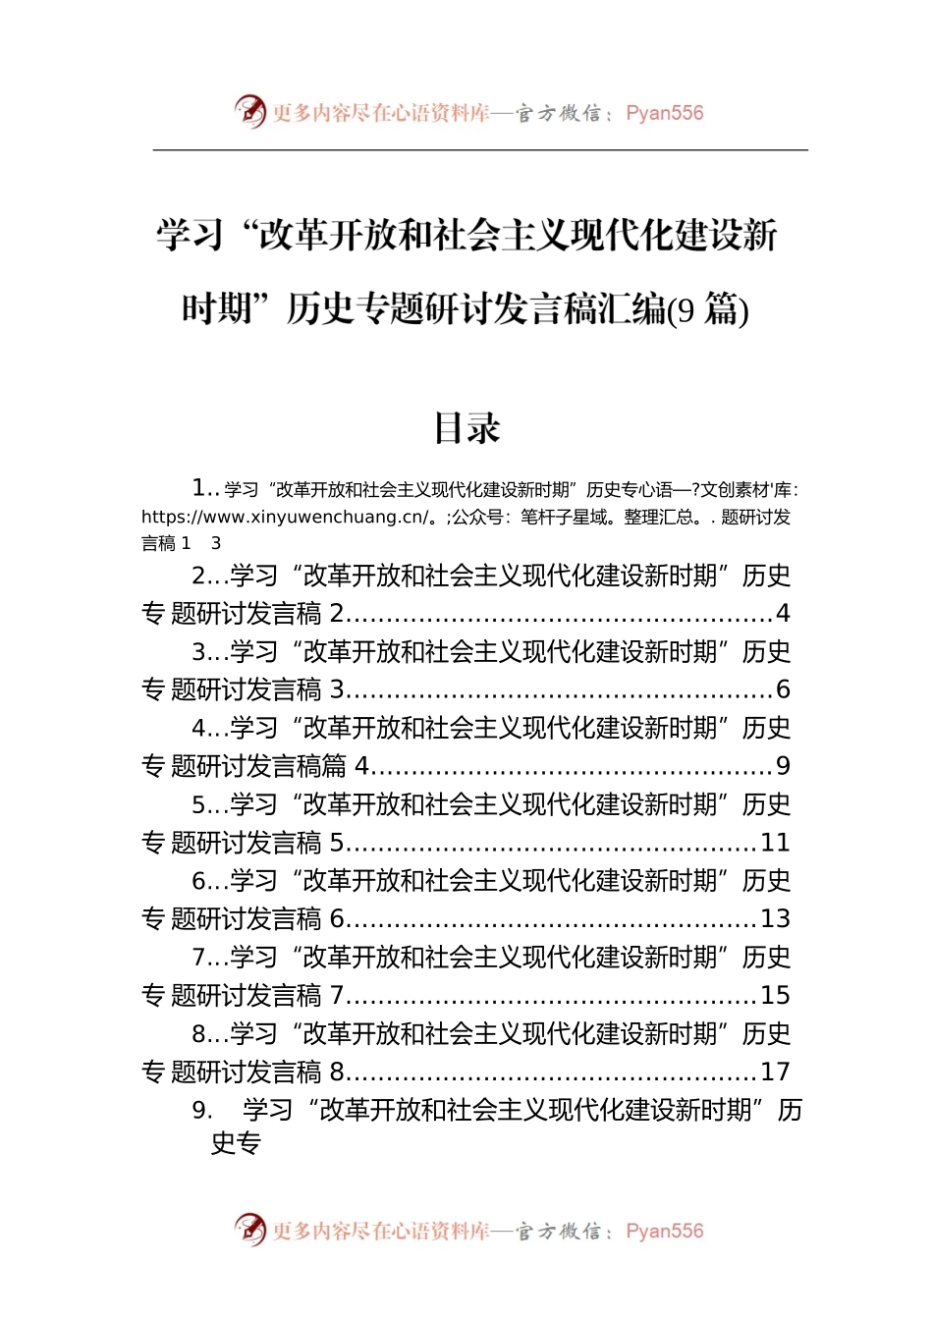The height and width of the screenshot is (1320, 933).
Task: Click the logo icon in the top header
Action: click(x=250, y=112)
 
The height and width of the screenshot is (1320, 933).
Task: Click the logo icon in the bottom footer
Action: click(x=250, y=1230)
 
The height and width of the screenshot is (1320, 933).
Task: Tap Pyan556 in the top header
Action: click(x=665, y=113)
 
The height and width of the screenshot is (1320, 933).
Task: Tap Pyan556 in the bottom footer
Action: click(x=665, y=1231)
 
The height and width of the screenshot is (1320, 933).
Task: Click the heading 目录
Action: click(x=467, y=428)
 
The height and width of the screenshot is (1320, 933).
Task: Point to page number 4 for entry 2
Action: click(x=783, y=614)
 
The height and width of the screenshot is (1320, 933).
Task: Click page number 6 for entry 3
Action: click(x=783, y=690)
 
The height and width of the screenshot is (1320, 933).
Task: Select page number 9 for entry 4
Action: click(x=783, y=766)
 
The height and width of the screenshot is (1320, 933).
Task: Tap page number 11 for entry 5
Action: click(x=775, y=843)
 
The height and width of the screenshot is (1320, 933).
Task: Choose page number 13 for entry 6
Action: click(x=775, y=919)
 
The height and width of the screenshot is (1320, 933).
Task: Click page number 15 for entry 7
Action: click(x=775, y=996)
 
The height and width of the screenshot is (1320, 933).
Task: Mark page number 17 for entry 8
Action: click(x=775, y=1072)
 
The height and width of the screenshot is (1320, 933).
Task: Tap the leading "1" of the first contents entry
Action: click(x=198, y=488)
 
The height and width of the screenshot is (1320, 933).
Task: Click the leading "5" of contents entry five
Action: click(x=198, y=805)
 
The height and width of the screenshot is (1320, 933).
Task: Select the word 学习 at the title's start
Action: click(x=191, y=236)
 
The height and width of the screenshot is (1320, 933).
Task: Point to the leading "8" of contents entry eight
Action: click(x=198, y=1034)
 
